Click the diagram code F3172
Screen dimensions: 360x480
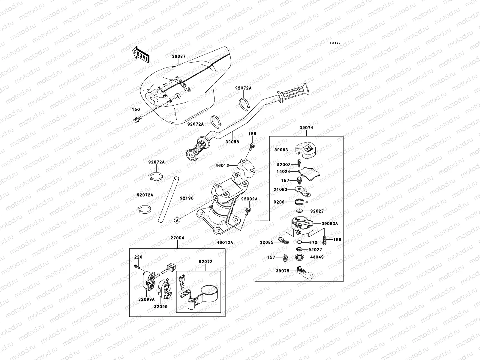click(x=335, y=43)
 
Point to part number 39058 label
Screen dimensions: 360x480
click(x=232, y=142)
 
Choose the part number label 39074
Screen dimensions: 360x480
click(x=306, y=127)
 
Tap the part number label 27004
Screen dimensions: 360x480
click(x=177, y=238)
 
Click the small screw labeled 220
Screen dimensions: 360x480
click(x=137, y=266)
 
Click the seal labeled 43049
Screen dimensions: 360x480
click(x=299, y=257)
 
